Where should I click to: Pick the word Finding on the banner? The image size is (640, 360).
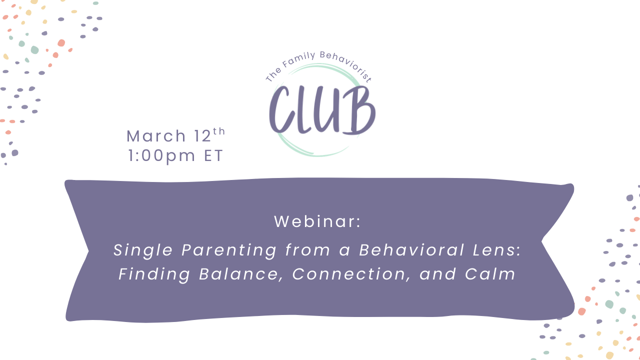coord(154,274)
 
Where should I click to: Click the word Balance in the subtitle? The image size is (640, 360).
coord(242,274)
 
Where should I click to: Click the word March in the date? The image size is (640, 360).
coord(156,136)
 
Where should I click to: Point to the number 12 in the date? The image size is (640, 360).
coord(202,136)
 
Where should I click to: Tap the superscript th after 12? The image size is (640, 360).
coord(219,131)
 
